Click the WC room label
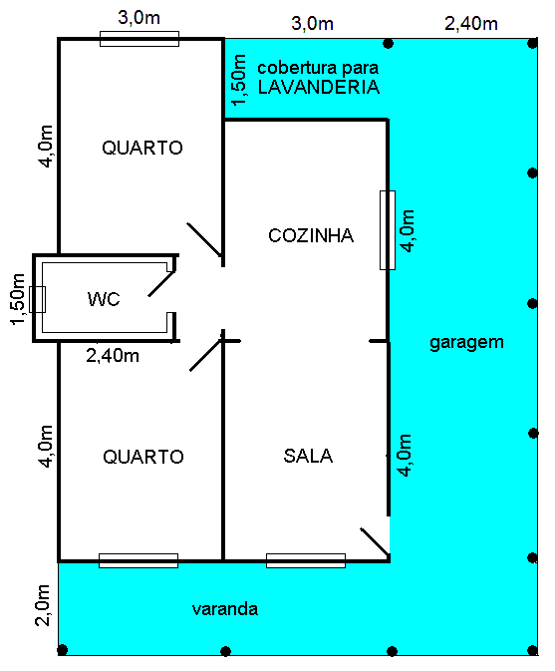click(x=104, y=299)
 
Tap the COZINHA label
click(x=311, y=235)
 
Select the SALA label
click(x=308, y=456)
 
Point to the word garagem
click(x=466, y=343)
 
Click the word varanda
click(x=225, y=609)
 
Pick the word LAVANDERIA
click(x=319, y=87)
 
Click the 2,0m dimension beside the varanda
click(x=43, y=605)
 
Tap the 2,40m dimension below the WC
click(x=113, y=356)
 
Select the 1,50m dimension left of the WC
click(x=18, y=299)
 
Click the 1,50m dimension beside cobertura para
click(x=239, y=80)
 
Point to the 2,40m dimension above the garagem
click(x=470, y=24)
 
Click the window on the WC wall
click(x=37, y=299)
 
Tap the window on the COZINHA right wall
click(x=388, y=230)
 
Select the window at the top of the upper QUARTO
click(x=139, y=39)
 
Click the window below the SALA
click(x=306, y=560)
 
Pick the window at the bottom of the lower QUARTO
click(x=139, y=560)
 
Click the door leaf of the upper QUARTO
click(x=204, y=239)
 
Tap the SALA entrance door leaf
click(x=375, y=541)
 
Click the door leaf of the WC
click(x=161, y=283)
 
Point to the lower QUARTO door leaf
click(x=206, y=354)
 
